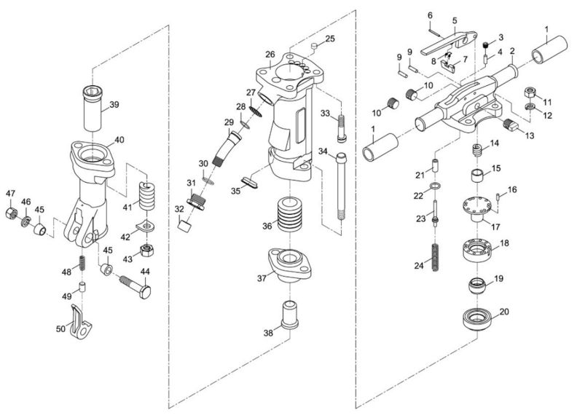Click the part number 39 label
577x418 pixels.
[x=114, y=104]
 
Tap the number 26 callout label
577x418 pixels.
[x=270, y=55]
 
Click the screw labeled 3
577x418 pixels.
[x=486, y=47]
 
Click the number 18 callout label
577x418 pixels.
[x=504, y=243]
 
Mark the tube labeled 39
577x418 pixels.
[x=95, y=108]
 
